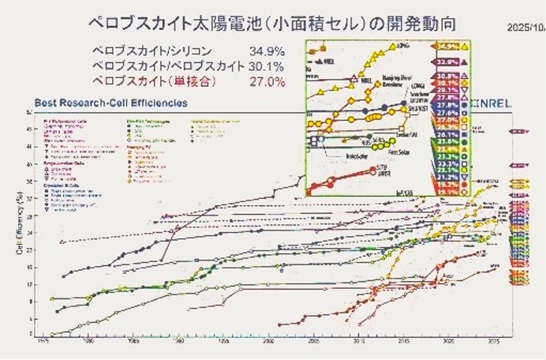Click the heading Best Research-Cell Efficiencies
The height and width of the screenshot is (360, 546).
(x=110, y=103)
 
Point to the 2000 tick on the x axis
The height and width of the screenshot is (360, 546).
(x=270, y=343)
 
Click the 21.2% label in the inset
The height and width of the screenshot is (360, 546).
(x=448, y=178)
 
